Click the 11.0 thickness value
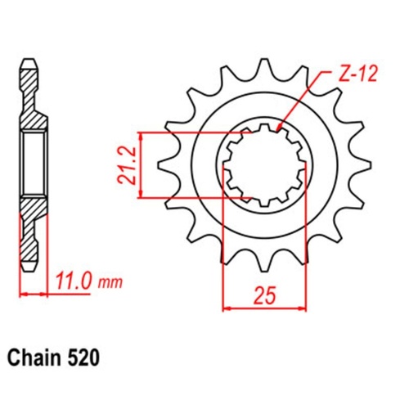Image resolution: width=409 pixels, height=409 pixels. (74, 283)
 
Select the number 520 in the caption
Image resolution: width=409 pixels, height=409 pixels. (86, 357)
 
